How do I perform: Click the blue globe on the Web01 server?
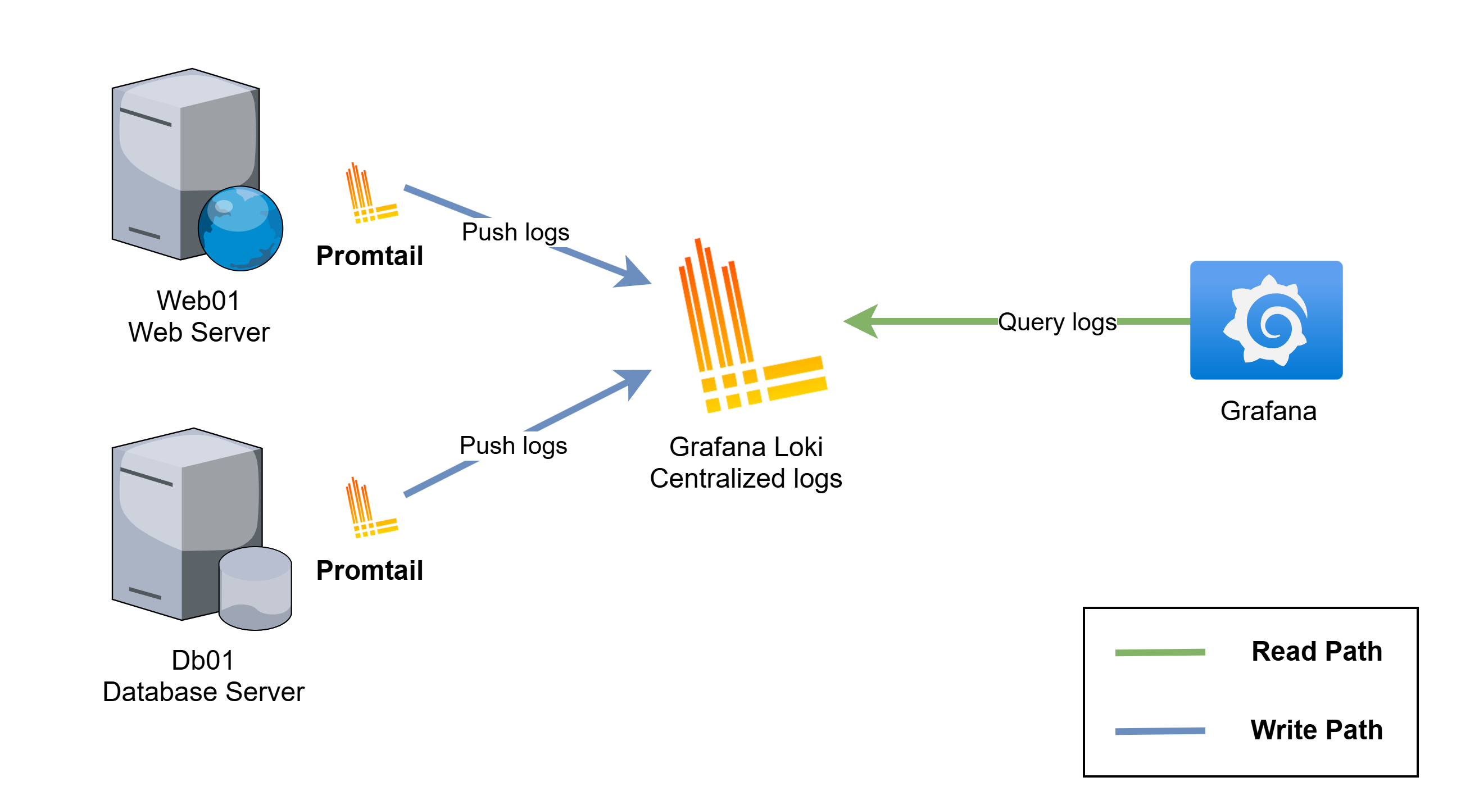click(x=241, y=228)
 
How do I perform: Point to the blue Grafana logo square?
click(x=1266, y=320)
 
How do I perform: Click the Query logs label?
click(x=1057, y=322)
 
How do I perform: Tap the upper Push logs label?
click(x=515, y=232)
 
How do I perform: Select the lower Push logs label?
click(x=512, y=446)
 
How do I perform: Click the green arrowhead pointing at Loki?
click(x=862, y=321)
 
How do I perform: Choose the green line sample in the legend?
click(x=1160, y=652)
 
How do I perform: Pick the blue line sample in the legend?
click(x=1160, y=731)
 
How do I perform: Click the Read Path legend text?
click(x=1317, y=651)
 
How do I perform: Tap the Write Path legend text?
click(x=1317, y=730)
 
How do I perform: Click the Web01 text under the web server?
click(x=198, y=301)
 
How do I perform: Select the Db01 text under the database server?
click(x=202, y=661)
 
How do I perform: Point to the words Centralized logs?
click(x=746, y=479)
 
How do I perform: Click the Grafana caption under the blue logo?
click(x=1268, y=411)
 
